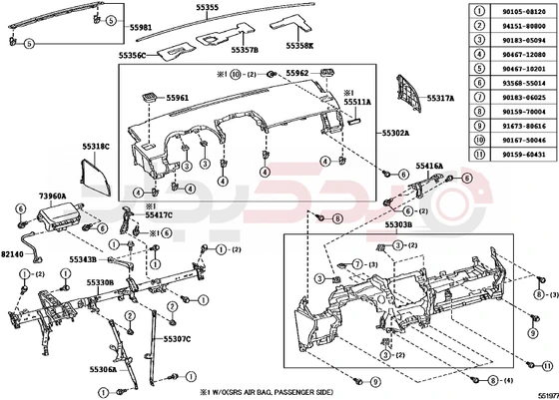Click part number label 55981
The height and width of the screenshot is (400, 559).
tap(141, 27)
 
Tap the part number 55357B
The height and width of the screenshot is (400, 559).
tap(244, 48)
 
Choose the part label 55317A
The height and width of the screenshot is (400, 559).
tap(441, 99)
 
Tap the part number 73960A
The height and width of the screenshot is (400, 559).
tap(52, 198)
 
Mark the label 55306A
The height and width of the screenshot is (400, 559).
tap(103, 369)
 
